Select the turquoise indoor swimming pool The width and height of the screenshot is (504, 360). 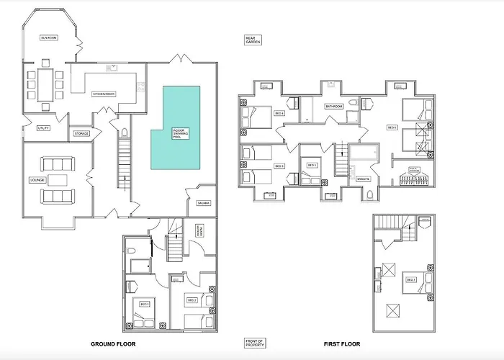click(176, 126)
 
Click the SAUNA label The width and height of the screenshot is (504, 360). click(204, 203)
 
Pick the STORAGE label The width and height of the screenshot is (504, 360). click(81, 133)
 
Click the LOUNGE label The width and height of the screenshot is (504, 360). click(37, 179)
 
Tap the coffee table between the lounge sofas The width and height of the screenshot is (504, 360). click(58, 179)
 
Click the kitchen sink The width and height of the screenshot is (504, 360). click(112, 68)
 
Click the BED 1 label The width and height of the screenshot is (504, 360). click(144, 305)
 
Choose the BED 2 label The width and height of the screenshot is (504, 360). click(192, 300)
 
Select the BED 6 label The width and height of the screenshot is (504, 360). click(392, 127)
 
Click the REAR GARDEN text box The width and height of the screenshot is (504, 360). click(252, 40)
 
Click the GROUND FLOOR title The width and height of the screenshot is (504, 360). click(113, 344)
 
